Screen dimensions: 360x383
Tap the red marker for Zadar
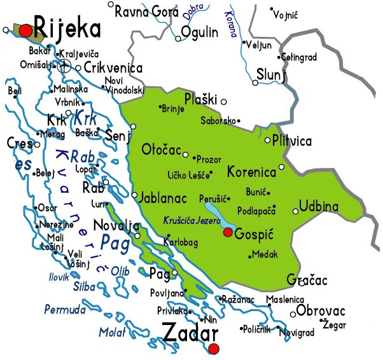(214, 349)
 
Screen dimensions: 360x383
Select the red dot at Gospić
(228, 233)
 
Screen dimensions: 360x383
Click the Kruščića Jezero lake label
(190, 220)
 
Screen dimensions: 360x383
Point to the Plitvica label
(292, 141)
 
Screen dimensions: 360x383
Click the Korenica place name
(253, 172)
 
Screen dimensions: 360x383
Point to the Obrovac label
(321, 311)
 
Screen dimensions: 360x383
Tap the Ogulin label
(204, 32)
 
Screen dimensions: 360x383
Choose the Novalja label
(116, 226)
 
